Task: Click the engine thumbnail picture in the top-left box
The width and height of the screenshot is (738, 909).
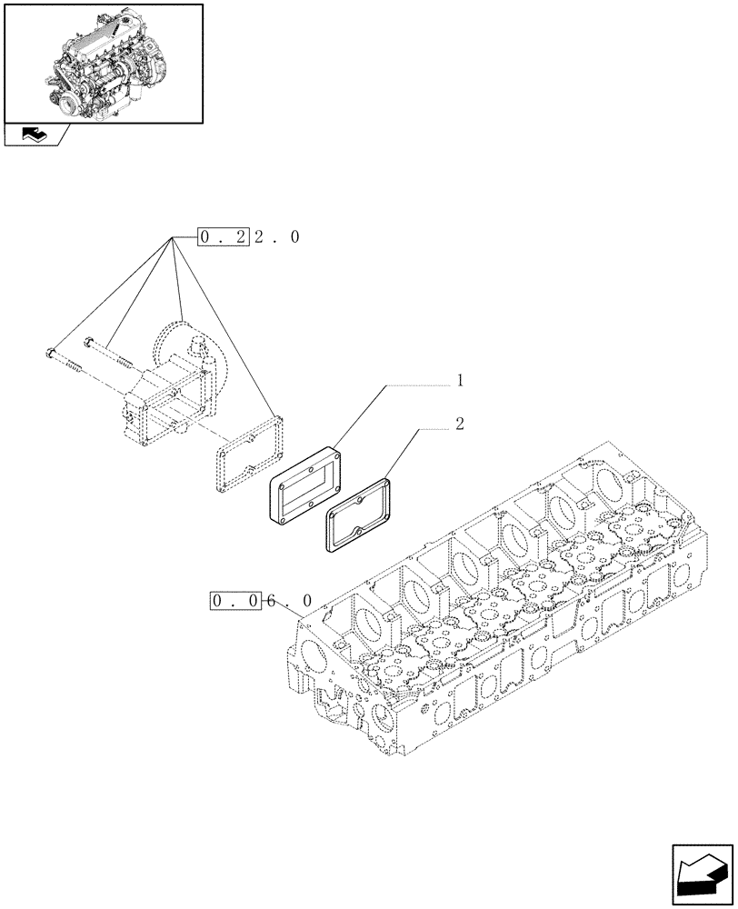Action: pos(103,63)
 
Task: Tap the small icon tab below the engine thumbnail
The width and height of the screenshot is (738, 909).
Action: pos(36,136)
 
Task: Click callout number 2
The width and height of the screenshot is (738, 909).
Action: pos(460,425)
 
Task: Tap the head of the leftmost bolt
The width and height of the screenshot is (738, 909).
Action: pos(50,353)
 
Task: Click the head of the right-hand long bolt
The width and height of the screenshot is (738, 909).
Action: pos(89,343)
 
